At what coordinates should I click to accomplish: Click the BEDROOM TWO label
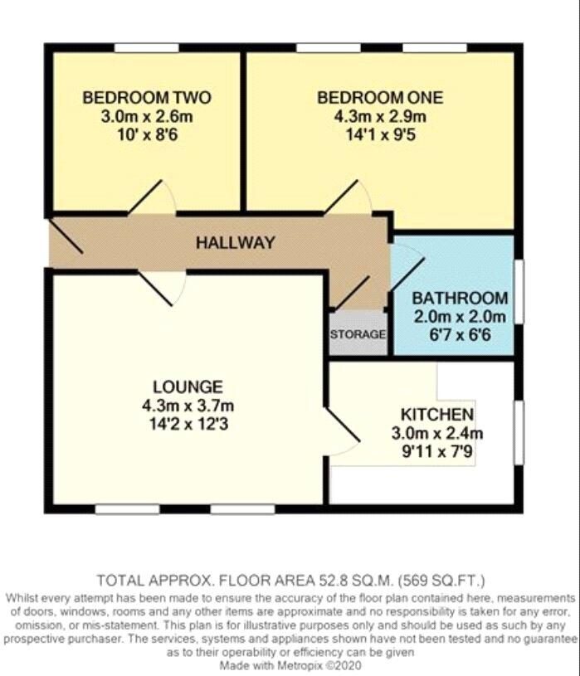[147, 98]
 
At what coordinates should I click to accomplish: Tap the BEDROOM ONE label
[380, 98]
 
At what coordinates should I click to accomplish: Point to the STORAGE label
[358, 335]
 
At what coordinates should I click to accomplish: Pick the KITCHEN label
[437, 415]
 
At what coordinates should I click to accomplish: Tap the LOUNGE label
[188, 387]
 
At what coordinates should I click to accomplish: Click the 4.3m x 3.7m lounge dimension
[188, 406]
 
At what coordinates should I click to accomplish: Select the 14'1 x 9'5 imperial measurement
[380, 134]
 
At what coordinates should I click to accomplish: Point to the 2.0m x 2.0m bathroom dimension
[460, 316]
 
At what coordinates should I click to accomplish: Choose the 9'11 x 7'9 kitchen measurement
[437, 452]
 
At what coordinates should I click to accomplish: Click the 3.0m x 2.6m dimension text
[147, 116]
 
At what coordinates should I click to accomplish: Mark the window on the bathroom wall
[519, 292]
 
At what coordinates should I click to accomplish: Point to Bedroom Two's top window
[146, 47]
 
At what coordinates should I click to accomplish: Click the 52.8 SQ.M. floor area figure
[346, 579]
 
